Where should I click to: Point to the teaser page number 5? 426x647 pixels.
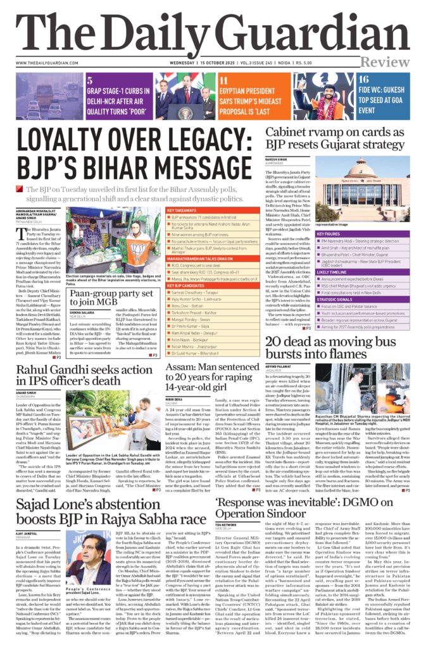(x=90, y=80)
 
